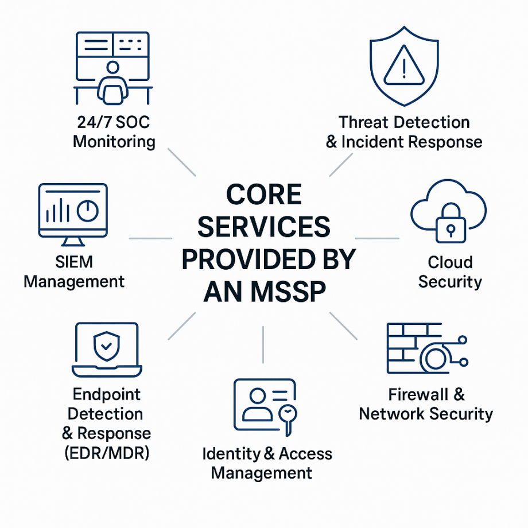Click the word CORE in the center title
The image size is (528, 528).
tap(263, 196)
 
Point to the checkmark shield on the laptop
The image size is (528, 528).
tap(106, 344)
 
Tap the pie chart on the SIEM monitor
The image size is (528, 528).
tap(87, 211)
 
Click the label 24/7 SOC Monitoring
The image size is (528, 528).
tap(114, 131)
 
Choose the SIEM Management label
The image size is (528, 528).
tap(74, 271)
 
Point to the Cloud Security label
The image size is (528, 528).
tap(450, 271)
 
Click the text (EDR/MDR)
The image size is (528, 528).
tap(107, 453)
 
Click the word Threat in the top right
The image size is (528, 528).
tap(363, 122)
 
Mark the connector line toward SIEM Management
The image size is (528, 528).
tap(150, 238)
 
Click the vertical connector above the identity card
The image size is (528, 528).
tap(263, 344)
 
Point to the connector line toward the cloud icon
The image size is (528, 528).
tap(377, 238)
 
